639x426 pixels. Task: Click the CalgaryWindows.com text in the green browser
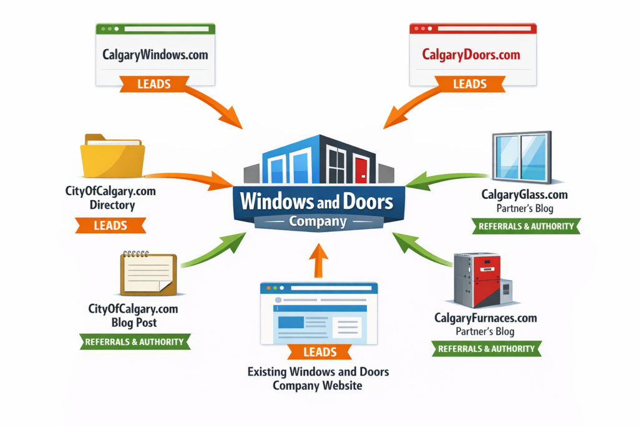pyautogui.click(x=155, y=55)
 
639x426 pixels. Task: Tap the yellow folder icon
pyautogui.click(x=112, y=158)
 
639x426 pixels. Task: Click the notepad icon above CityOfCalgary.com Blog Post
pyautogui.click(x=149, y=273)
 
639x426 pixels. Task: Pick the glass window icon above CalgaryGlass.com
pyautogui.click(x=521, y=158)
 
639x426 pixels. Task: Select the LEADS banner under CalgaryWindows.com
pyautogui.click(x=154, y=84)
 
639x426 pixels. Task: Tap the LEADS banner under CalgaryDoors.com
pyautogui.click(x=470, y=84)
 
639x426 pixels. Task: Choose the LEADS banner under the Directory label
pyautogui.click(x=110, y=225)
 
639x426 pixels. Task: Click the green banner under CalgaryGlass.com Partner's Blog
pyautogui.click(x=526, y=226)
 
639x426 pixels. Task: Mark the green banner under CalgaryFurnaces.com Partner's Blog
pyautogui.click(x=486, y=349)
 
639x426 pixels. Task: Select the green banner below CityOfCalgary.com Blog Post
pyautogui.click(x=134, y=341)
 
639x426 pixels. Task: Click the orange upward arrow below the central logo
pyautogui.click(x=319, y=259)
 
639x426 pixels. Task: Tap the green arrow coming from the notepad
pyautogui.click(x=212, y=249)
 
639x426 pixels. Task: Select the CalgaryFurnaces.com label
pyautogui.click(x=485, y=318)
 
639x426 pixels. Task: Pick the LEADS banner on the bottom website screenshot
pyautogui.click(x=319, y=352)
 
